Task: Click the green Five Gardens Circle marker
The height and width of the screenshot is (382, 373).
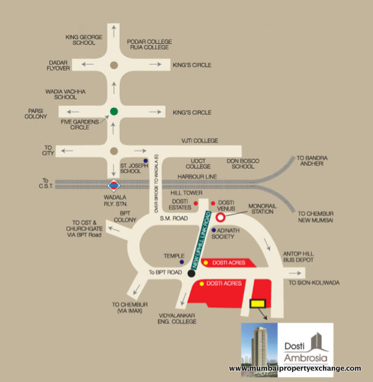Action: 114,111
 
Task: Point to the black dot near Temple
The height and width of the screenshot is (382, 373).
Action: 192,272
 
